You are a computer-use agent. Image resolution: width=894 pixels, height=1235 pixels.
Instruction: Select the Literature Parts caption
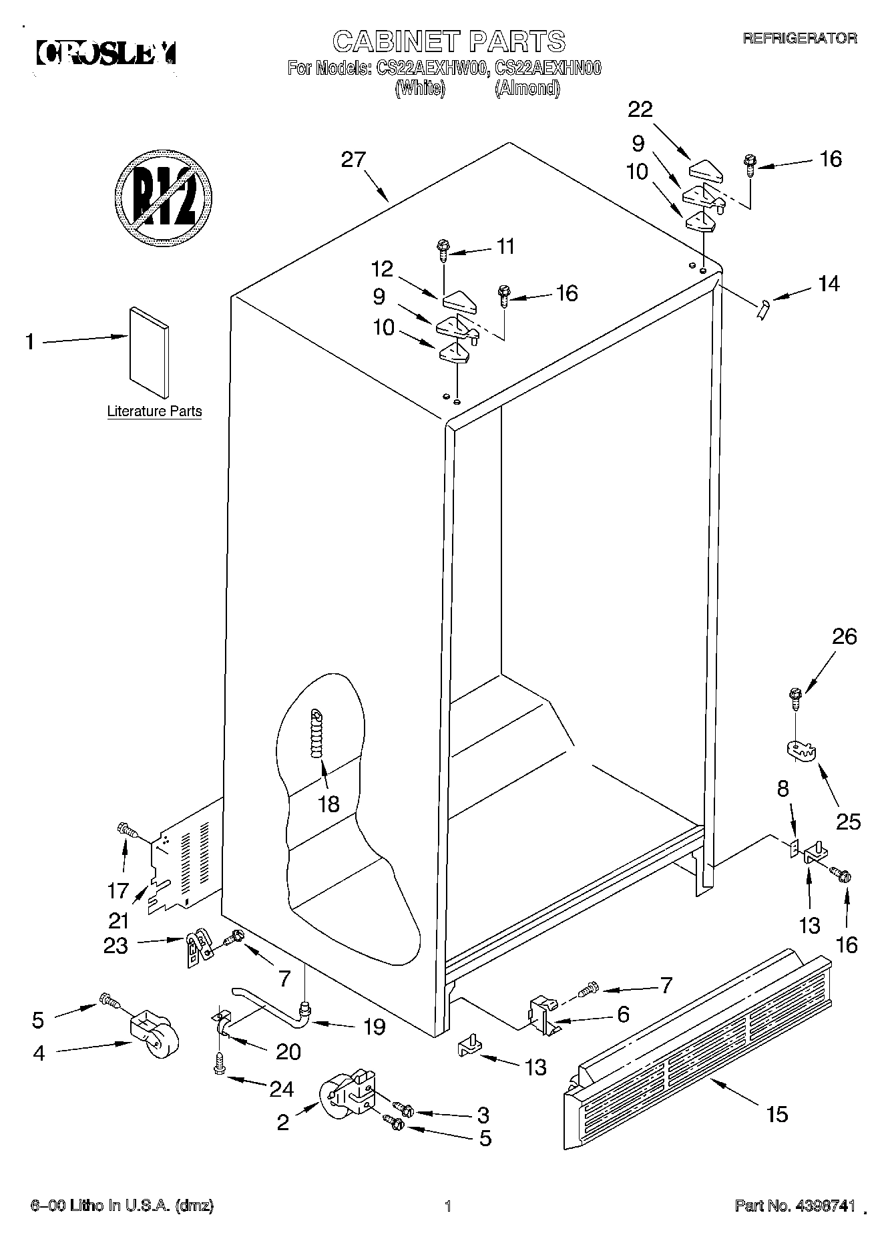tap(154, 411)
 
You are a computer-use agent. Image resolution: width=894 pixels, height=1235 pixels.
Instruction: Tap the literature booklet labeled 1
tap(150, 353)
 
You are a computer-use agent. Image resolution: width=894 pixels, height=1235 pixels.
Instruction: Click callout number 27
tap(354, 160)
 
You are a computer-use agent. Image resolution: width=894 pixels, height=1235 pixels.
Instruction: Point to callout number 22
tap(640, 109)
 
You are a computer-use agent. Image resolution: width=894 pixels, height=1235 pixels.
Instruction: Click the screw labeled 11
tap(443, 248)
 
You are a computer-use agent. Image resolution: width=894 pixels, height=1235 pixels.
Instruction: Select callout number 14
tap(828, 284)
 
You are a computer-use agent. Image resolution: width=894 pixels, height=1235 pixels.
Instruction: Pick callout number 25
tap(848, 821)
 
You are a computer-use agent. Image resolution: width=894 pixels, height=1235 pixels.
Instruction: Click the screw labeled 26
tap(795, 697)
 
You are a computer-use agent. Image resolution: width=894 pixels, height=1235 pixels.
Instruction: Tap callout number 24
tap(281, 1089)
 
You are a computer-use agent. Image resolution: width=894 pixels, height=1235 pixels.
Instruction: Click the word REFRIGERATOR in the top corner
tap(800, 39)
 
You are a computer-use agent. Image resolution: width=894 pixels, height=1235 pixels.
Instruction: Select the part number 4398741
tap(825, 1206)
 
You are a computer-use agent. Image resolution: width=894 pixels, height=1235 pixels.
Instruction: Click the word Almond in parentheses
tap(527, 88)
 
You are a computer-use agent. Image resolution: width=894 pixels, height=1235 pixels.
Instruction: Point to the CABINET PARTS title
tap(449, 41)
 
